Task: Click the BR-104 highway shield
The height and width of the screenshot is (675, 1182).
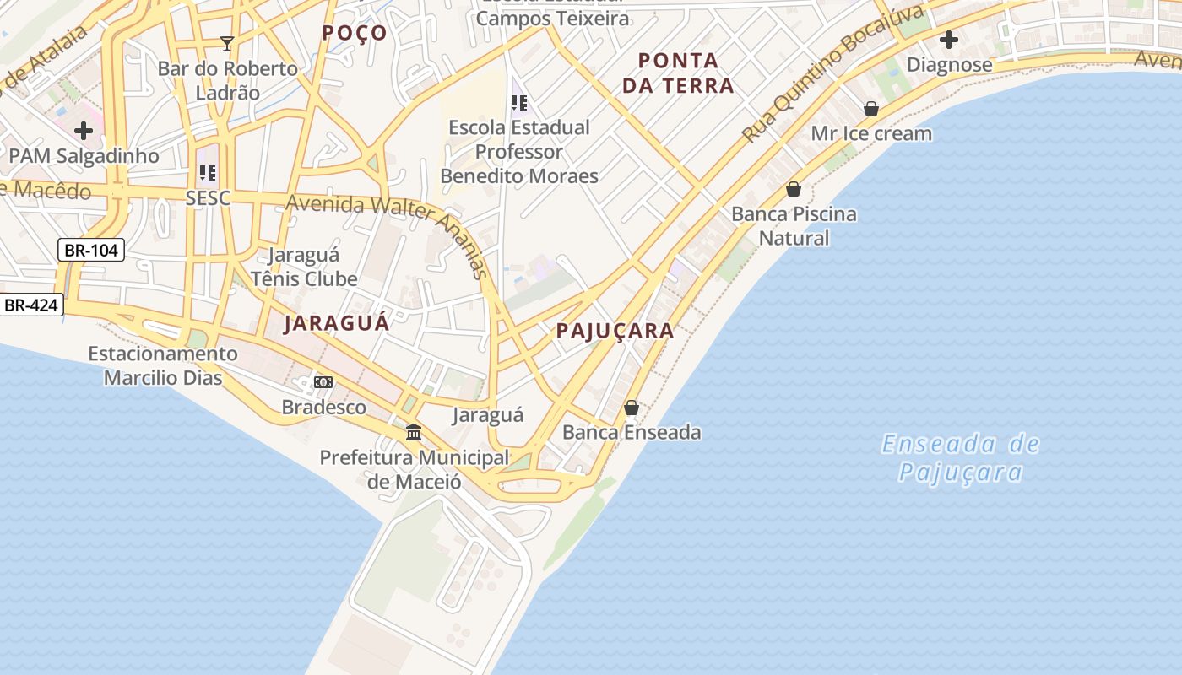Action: [91, 250]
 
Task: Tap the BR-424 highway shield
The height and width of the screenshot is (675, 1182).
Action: [32, 305]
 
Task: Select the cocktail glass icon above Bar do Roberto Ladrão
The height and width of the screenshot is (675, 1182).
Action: [226, 43]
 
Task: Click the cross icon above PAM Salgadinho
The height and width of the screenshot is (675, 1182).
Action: [84, 131]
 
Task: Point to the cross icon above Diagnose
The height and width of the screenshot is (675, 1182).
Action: [949, 40]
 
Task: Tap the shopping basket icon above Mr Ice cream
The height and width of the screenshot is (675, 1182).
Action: [871, 109]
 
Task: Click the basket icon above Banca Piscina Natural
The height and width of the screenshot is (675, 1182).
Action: [794, 189]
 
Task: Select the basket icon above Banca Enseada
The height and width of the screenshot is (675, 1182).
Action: [632, 408]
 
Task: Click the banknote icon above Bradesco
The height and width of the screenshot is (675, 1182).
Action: [323, 383]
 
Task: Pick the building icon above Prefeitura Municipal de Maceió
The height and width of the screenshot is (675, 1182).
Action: [414, 433]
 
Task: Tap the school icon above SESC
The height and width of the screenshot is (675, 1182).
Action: [208, 173]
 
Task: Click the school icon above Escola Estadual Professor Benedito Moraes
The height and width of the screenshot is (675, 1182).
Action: [519, 103]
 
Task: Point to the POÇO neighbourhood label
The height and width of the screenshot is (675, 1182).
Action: [355, 33]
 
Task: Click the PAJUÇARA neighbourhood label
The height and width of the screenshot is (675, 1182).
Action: [615, 331]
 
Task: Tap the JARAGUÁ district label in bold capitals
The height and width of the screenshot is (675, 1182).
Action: [337, 323]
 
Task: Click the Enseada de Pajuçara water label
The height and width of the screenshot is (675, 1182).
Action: [961, 457]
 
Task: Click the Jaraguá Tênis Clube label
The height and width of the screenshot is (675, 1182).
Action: [304, 267]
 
